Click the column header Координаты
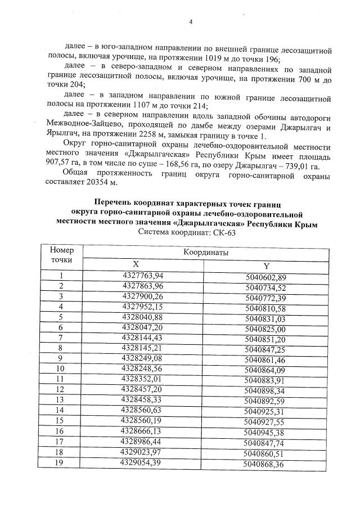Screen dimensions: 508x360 point(205,253)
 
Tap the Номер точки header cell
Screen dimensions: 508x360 point(61,255)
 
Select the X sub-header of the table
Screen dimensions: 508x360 point(135,264)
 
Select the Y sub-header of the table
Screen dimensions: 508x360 point(266,266)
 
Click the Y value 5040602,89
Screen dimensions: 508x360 point(266,277)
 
